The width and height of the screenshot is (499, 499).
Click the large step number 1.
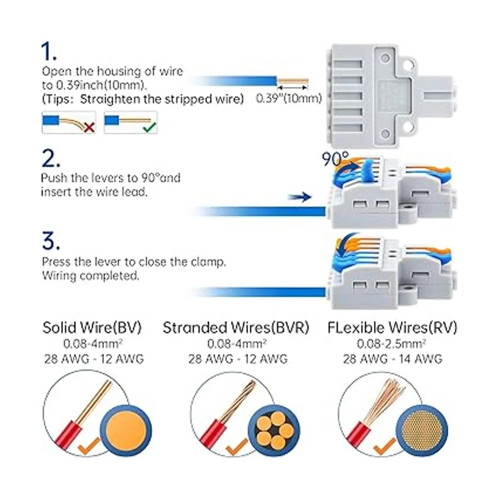click(49, 52)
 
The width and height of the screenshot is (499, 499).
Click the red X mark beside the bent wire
click(89, 127)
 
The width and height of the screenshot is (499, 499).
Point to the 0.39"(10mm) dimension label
click(288, 99)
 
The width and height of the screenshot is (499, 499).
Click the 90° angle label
click(336, 158)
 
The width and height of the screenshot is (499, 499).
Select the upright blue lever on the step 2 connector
click(368, 173)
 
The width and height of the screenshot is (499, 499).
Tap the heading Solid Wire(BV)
click(92, 328)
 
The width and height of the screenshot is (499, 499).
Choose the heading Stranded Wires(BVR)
click(236, 328)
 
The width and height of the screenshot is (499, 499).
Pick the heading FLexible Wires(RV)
click(392, 328)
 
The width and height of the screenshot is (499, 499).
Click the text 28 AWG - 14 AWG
click(392, 358)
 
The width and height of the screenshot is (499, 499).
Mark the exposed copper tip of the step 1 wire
click(292, 80)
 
